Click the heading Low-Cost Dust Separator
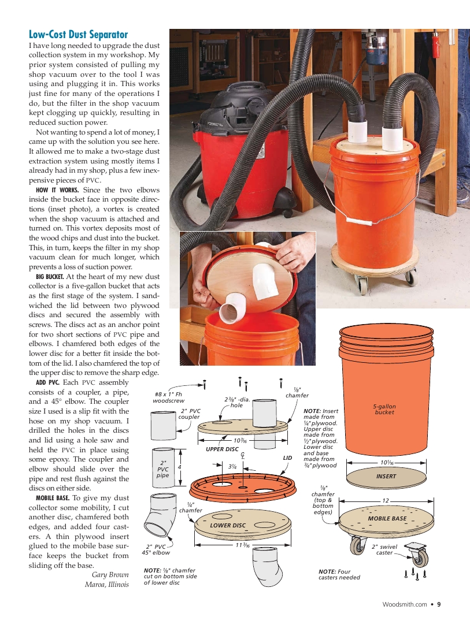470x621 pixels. coord(78,35)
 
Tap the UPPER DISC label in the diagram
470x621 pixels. coord(222,449)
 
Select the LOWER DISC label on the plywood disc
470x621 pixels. coord(228,525)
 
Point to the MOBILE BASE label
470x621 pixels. coord(387,519)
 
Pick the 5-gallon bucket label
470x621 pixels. coord(384,409)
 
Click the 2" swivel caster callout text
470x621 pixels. coord(384,549)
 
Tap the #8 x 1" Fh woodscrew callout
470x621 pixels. coord(168,397)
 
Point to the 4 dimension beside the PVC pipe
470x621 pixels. coord(180,467)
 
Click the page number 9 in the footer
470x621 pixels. coord(439,605)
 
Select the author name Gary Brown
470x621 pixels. coord(110,574)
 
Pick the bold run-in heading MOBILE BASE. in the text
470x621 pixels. coord(53,497)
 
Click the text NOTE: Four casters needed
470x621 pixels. coord(339,574)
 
